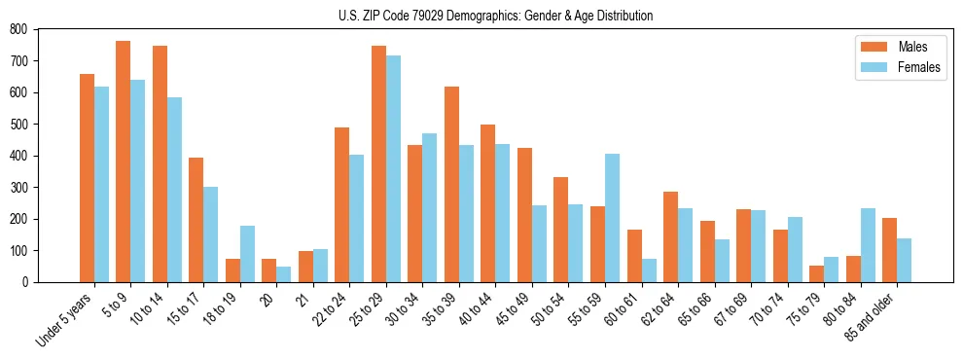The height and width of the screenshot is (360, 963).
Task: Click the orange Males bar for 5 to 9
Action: pos(124,162)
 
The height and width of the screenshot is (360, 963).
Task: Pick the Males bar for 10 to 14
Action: pos(160,164)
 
